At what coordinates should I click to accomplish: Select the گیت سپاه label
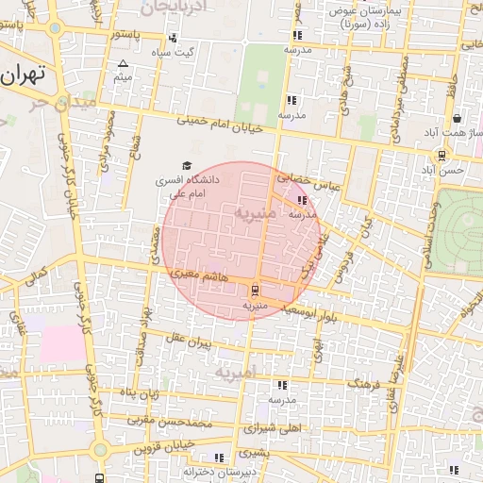[x=177, y=53]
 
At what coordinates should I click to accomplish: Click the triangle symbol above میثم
[x=123, y=63]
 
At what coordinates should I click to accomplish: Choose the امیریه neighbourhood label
[x=235, y=374]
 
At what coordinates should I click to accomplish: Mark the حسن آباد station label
[x=441, y=170]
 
